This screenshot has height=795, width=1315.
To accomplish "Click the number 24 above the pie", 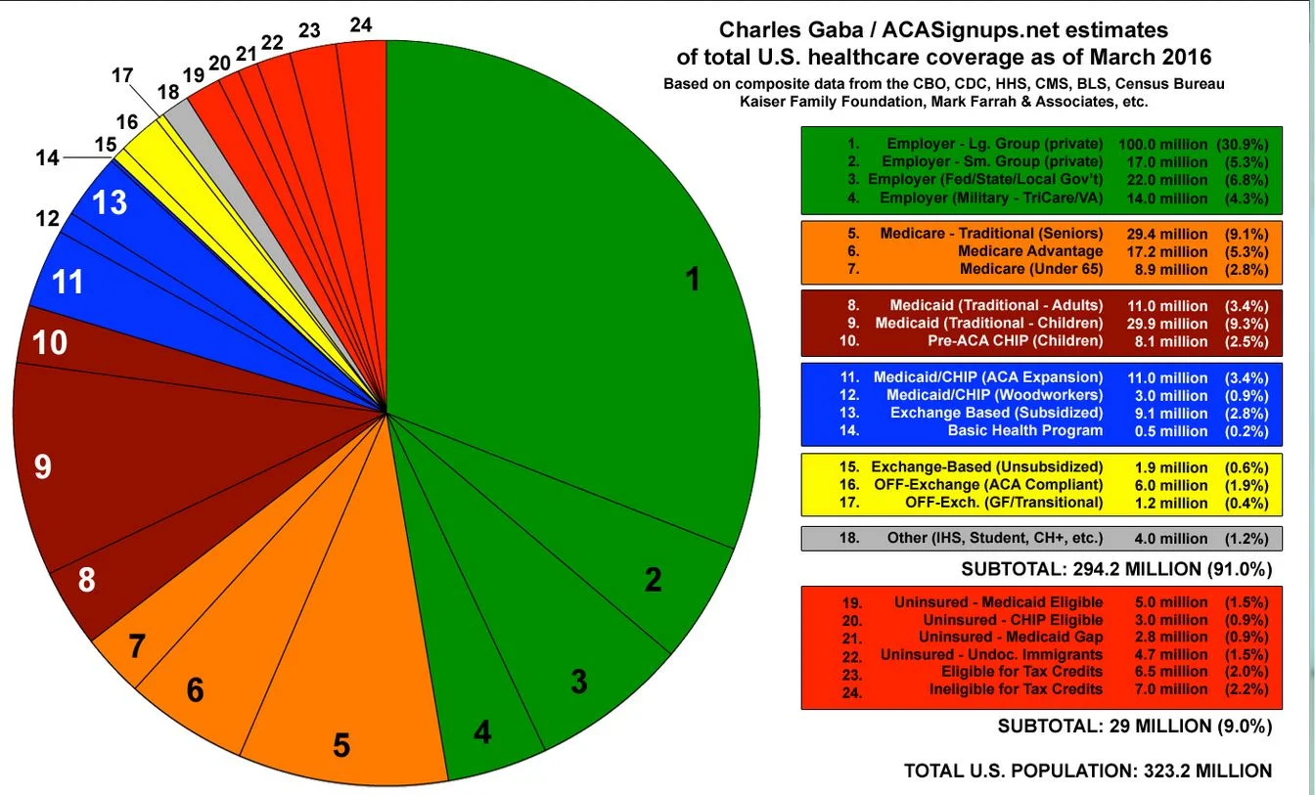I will [x=361, y=25].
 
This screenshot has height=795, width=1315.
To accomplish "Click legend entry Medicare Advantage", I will [x=1030, y=251].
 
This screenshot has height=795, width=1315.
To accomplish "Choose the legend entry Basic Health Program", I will [x=1024, y=430].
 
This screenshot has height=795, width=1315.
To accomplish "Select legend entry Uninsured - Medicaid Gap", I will [x=1011, y=637].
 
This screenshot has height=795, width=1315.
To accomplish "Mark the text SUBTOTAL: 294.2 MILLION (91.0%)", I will [x=1116, y=568].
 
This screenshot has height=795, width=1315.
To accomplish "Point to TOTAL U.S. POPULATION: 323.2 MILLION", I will [x=1088, y=771].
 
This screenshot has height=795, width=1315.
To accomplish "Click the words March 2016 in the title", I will [x=1114, y=56].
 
